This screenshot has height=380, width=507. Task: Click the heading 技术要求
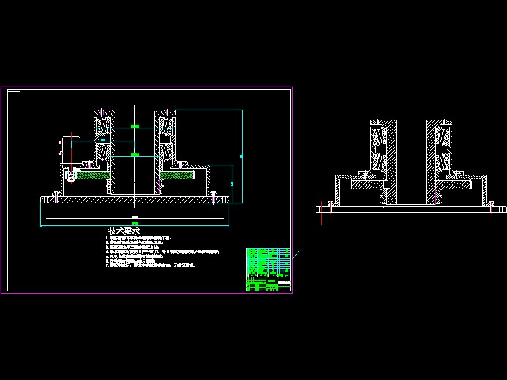click(124, 231)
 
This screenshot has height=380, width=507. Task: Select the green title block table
click(268, 270)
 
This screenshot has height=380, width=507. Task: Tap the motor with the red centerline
click(68, 147)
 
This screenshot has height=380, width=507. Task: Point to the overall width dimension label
click(134, 222)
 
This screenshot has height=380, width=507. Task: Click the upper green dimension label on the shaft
click(134, 126)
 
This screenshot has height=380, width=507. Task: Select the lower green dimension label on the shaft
click(134, 154)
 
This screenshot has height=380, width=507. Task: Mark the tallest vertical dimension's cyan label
click(241, 155)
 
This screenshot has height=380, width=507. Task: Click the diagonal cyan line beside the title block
click(297, 254)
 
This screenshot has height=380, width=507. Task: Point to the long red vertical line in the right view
click(323, 213)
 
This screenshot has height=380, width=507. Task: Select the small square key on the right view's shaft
click(386, 184)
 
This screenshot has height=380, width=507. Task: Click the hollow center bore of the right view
click(411, 161)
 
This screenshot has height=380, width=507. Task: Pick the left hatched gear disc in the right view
click(366, 184)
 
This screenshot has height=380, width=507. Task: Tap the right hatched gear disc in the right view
click(456, 184)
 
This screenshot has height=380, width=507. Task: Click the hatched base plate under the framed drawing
click(134, 199)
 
